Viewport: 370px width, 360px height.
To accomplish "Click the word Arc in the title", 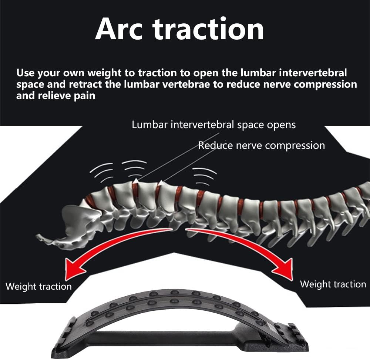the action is click(119, 29).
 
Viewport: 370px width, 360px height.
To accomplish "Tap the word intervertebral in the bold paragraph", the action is click(313, 73).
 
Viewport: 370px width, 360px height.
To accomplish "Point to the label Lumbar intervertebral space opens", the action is click(213, 124).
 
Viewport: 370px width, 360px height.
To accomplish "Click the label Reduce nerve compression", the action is click(262, 146).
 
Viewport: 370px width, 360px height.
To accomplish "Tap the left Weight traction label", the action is click(38, 287).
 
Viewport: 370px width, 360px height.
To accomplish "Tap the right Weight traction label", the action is click(333, 284).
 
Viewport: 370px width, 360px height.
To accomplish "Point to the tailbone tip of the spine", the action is click(38, 236).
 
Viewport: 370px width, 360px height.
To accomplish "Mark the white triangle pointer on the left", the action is click(135, 181).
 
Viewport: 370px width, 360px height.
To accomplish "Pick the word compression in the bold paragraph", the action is click(325, 85).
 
